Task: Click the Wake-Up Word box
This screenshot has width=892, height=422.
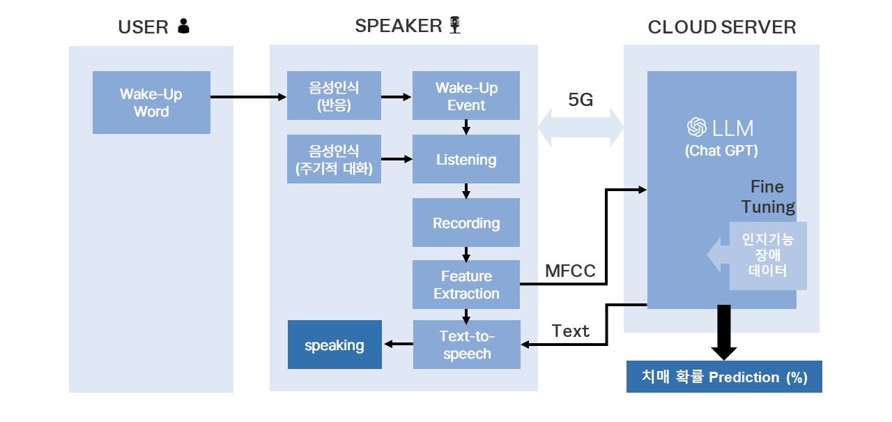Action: (x=151, y=103)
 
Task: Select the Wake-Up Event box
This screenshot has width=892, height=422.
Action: (x=466, y=96)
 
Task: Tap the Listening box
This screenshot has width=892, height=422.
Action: (x=466, y=159)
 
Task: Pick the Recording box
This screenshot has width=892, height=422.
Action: (x=466, y=223)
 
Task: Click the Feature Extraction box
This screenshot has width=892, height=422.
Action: (x=466, y=285)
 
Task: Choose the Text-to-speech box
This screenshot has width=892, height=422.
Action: (x=467, y=345)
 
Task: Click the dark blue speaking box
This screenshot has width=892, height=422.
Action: (x=335, y=345)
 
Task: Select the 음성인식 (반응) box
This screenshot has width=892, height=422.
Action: (x=334, y=96)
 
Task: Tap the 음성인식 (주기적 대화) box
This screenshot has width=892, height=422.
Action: (x=334, y=159)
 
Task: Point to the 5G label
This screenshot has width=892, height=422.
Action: (x=580, y=100)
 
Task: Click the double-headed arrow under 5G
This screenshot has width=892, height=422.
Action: (x=580, y=128)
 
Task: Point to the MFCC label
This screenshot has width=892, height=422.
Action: (x=570, y=271)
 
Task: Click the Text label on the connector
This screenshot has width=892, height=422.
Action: (x=571, y=331)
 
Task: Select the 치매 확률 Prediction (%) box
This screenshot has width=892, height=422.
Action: (x=724, y=377)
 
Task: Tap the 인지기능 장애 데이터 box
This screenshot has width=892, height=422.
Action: (x=768, y=255)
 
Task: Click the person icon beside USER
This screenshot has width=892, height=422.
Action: (x=183, y=27)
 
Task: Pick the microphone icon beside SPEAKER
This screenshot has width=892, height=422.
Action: (x=455, y=26)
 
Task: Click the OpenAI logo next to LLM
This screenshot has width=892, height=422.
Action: (x=696, y=128)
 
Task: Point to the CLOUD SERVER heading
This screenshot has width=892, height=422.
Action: (x=722, y=27)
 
